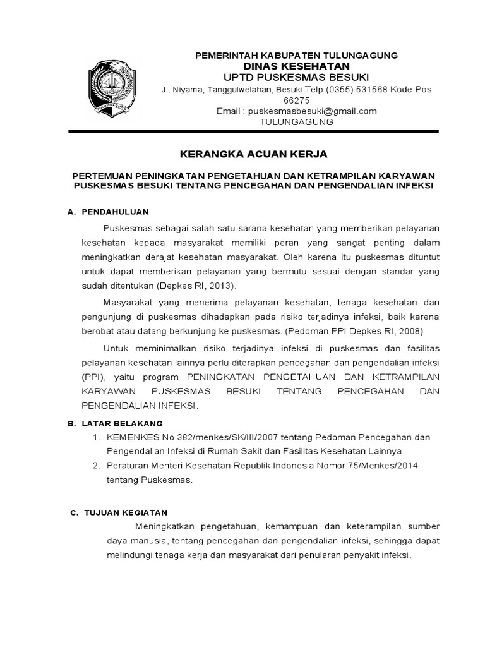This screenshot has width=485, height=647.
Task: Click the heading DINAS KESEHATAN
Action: pyautogui.click(x=296, y=66)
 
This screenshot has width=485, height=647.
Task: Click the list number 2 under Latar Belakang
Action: pyautogui.click(x=96, y=465)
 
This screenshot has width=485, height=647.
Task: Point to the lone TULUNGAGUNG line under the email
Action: pyautogui.click(x=296, y=121)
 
